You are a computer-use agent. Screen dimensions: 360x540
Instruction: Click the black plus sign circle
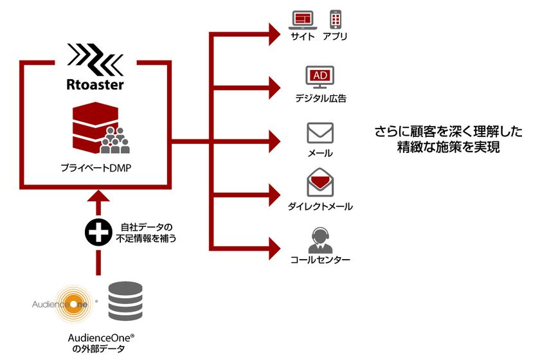point(96,233)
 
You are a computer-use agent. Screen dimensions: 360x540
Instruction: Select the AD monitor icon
point(320,78)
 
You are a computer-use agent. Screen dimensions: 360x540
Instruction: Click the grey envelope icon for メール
point(320,132)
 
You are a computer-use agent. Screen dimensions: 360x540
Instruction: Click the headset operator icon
point(319,240)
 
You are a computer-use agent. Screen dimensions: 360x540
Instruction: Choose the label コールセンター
point(320,260)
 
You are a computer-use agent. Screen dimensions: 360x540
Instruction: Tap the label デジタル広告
point(321,99)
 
